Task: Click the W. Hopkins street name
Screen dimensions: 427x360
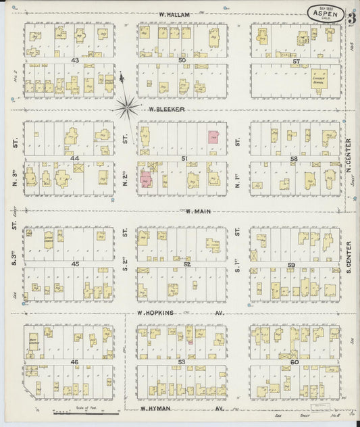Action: [x=155, y=313]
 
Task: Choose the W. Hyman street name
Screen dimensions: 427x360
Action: [x=157, y=409]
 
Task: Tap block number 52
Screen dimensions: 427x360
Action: [x=182, y=264]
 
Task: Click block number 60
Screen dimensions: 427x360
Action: [x=296, y=363]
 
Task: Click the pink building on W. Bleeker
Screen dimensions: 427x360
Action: [x=213, y=138]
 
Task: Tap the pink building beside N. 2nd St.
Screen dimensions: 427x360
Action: [x=145, y=180]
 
